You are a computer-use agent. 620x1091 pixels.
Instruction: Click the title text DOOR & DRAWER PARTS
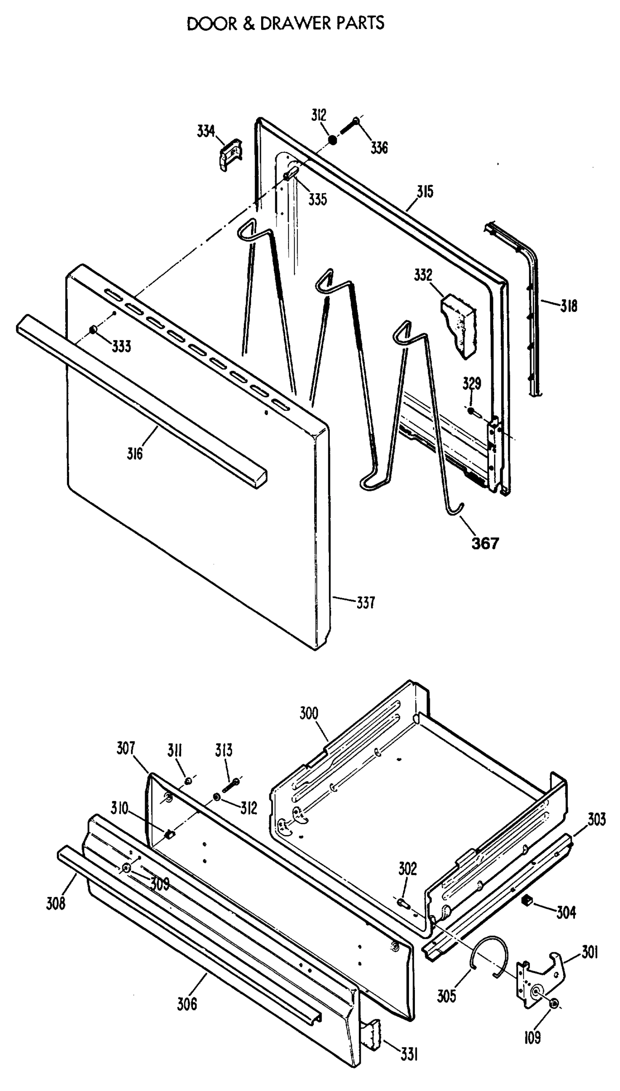click(x=286, y=23)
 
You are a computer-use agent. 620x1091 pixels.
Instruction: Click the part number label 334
click(x=206, y=131)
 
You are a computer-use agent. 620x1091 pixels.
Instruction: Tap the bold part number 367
click(x=485, y=544)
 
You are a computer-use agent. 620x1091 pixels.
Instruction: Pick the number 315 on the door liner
click(x=425, y=191)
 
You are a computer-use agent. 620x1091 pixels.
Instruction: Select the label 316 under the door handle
click(x=135, y=453)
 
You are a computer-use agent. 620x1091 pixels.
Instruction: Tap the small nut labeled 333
click(x=93, y=330)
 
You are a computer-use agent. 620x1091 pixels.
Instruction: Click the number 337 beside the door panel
click(x=365, y=603)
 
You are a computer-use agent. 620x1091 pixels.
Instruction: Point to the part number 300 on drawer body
click(x=309, y=713)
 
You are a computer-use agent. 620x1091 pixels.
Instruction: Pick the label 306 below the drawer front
click(x=187, y=1004)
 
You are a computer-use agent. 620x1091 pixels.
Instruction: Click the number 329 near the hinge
click(x=471, y=384)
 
